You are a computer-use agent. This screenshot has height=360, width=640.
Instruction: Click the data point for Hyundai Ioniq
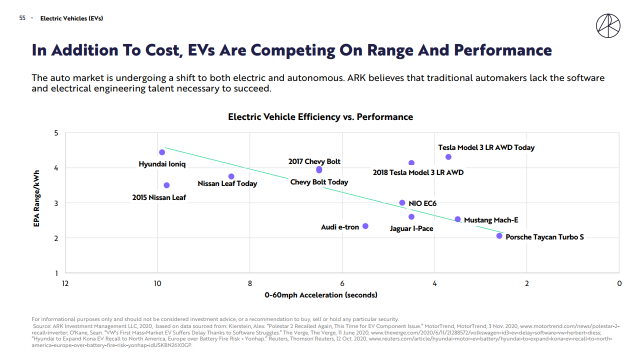pyautogui.click(x=162, y=152)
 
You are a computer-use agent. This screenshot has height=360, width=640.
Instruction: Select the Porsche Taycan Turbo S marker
pyautogui.click(x=499, y=236)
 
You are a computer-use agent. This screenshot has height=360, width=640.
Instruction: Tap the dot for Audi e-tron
pyautogui.click(x=365, y=226)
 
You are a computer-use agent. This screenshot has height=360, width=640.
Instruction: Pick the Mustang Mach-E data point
pyautogui.click(x=457, y=219)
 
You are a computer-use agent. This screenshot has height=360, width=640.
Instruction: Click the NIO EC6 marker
pyautogui.click(x=402, y=203)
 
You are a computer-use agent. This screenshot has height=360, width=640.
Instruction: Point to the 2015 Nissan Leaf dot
pyautogui.click(x=166, y=185)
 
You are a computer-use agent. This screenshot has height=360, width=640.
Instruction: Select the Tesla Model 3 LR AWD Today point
pyautogui.click(x=448, y=157)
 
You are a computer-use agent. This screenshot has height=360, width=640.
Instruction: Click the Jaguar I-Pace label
pyautogui.click(x=411, y=228)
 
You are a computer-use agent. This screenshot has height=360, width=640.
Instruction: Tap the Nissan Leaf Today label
pyautogui.click(x=227, y=183)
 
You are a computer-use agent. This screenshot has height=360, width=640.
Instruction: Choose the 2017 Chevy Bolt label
pyautogui.click(x=314, y=161)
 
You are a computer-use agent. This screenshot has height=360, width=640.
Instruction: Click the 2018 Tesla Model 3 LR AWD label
pyautogui.click(x=418, y=172)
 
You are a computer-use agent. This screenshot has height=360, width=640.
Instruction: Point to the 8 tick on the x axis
pyautogui.click(x=250, y=283)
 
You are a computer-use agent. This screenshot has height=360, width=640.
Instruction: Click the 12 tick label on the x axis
pyautogui.click(x=65, y=283)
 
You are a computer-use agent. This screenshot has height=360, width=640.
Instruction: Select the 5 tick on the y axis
pyautogui.click(x=56, y=133)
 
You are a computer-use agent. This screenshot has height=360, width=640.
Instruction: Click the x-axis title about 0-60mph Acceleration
pyautogui.click(x=321, y=295)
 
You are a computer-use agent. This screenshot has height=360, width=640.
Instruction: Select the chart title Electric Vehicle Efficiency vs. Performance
pyautogui.click(x=320, y=117)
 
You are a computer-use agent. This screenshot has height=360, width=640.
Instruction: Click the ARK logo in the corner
pyautogui.click(x=608, y=25)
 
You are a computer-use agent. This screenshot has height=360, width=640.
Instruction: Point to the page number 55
pyautogui.click(x=22, y=18)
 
